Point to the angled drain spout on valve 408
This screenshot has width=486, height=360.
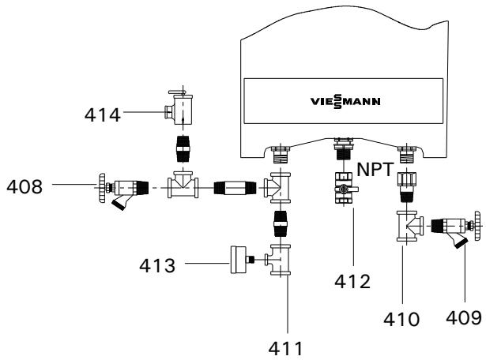coord(119,207)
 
